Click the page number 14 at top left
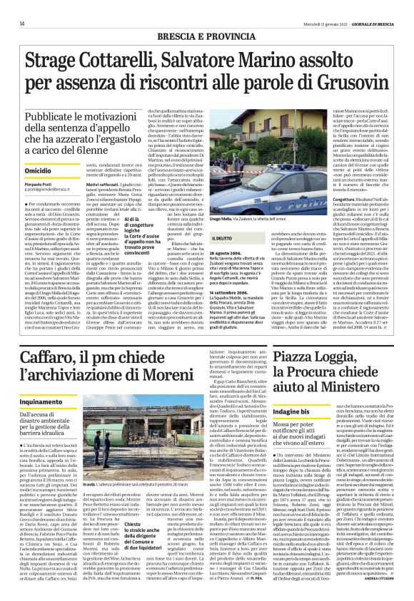coord(12,7)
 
